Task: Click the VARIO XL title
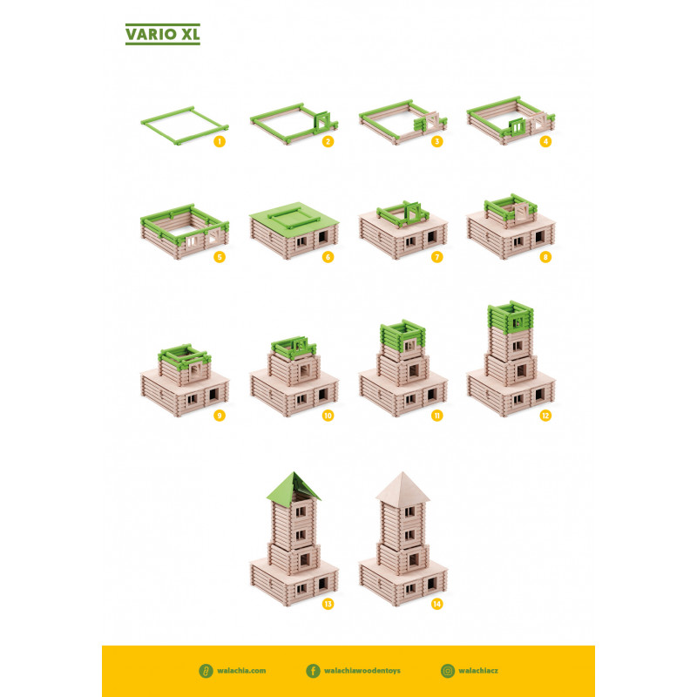[163, 34]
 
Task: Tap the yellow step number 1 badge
[220, 141]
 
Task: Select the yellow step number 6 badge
[328, 257]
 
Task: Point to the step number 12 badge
[545, 416]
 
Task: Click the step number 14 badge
[437, 604]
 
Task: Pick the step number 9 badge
[220, 416]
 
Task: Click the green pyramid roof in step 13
[294, 486]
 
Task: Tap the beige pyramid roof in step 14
[403, 487]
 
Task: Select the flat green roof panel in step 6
[294, 218]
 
